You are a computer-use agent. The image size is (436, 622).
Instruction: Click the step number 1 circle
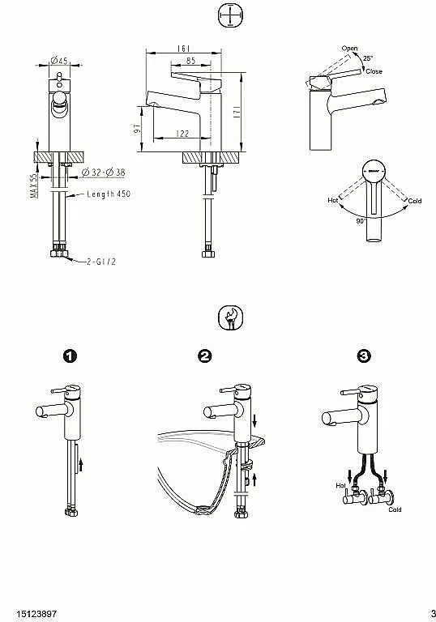70,356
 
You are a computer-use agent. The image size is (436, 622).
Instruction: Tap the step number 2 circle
204,356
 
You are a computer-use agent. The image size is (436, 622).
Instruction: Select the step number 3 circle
365,356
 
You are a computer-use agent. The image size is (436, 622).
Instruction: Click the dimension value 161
183,49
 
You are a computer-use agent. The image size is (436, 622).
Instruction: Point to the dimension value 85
190,61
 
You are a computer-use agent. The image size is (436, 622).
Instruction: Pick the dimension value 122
182,134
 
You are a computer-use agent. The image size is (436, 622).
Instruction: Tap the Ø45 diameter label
59,60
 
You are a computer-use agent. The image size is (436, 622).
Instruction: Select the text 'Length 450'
109,194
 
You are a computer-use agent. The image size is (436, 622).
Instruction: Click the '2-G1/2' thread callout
101,262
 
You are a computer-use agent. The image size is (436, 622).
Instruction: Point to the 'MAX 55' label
34,185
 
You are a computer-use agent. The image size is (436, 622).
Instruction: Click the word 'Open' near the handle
349,49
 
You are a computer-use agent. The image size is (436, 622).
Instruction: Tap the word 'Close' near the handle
374,71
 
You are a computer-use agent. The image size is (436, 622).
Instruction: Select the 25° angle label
368,58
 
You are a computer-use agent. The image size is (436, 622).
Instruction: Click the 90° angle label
361,221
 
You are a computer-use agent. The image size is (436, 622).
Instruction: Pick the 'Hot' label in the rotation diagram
333,200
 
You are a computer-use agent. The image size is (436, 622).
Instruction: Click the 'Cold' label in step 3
395,509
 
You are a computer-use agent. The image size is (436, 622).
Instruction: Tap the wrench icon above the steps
230,317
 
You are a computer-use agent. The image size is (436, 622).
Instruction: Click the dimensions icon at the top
230,15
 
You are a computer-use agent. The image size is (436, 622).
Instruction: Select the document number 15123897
36,614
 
